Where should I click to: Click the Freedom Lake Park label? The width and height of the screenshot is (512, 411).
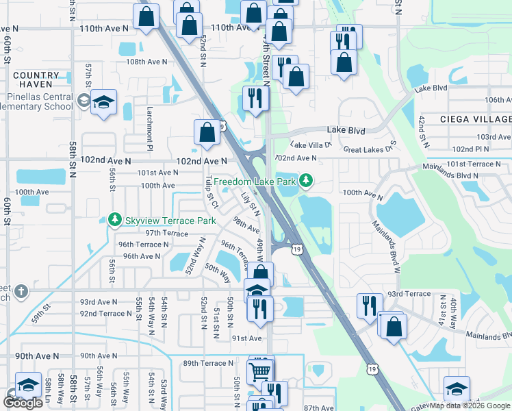pos(254,182)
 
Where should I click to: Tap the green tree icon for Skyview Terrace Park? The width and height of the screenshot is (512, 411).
pos(115,220)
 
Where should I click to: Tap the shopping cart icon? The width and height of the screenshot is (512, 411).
pos(260,371)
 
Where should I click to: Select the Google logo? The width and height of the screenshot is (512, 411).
pos(23,403)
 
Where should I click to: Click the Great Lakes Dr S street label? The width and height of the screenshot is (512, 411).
pos(370,149)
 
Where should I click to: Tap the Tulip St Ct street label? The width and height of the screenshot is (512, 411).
pos(210,192)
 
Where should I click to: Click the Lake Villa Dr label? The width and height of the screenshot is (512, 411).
pos(311,145)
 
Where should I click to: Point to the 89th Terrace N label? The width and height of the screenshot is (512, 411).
pos(208,363)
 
